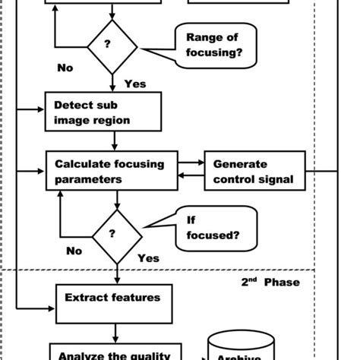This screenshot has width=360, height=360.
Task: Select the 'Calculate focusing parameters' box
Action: point(115,171)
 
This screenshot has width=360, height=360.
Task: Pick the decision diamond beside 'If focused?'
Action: point(116,236)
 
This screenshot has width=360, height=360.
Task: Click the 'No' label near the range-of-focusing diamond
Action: point(65,68)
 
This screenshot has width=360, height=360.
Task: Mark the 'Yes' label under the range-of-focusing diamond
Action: point(134,84)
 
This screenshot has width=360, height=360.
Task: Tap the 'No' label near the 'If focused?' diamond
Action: point(74,251)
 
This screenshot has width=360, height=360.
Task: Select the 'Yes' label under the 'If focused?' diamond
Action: point(148,258)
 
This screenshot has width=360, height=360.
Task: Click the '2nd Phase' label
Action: point(270,283)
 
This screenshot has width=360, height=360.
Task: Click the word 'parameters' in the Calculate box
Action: point(87,180)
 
